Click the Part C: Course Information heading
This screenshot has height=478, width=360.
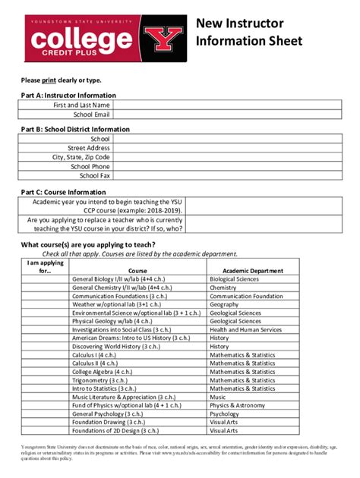click(63, 192)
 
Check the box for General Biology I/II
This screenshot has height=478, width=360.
click(45, 279)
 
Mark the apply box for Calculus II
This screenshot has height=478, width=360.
click(45, 363)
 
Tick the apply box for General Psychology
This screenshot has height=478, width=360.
click(45, 414)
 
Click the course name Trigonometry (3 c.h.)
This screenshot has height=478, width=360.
click(106, 380)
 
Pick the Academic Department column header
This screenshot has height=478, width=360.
click(252, 270)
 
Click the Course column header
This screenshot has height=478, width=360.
click(137, 270)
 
